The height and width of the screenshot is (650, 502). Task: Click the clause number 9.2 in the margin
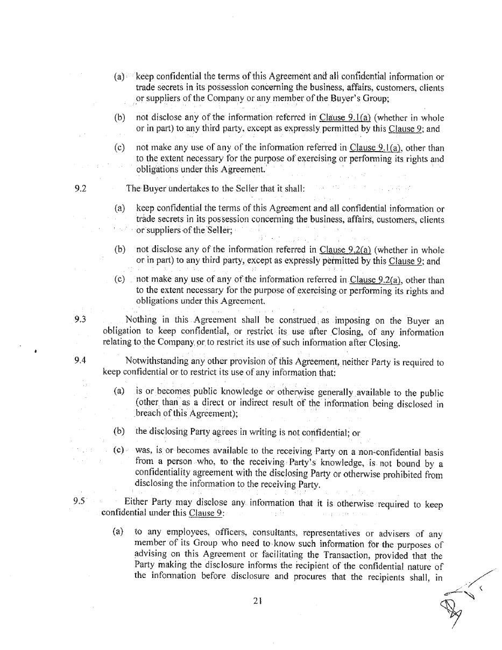[x=81, y=188]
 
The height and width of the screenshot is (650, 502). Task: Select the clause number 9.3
[x=80, y=319]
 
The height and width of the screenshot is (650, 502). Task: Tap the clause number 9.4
[x=80, y=360]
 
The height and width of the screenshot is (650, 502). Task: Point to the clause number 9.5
[x=79, y=501]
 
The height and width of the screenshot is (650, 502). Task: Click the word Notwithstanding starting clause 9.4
[x=157, y=361]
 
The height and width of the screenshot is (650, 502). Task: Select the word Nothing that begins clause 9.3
[x=141, y=320]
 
